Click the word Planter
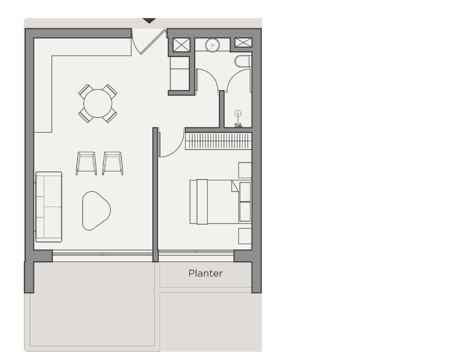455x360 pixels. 206,273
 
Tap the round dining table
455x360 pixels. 98,104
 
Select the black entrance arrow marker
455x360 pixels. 149,21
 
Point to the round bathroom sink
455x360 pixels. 212,45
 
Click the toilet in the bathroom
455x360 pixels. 243,61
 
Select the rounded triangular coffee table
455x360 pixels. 96,211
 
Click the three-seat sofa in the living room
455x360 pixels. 49,207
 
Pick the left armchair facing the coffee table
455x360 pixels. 86,163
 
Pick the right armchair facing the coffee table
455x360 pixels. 113,163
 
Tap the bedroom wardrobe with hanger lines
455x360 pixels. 218,141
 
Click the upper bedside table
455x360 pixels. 245,170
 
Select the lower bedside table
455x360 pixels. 245,236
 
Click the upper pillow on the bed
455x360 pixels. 245,192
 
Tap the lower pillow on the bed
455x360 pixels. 245,212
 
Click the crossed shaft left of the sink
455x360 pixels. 182,45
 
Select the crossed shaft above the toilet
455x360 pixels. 243,42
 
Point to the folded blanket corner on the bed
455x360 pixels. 234,186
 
